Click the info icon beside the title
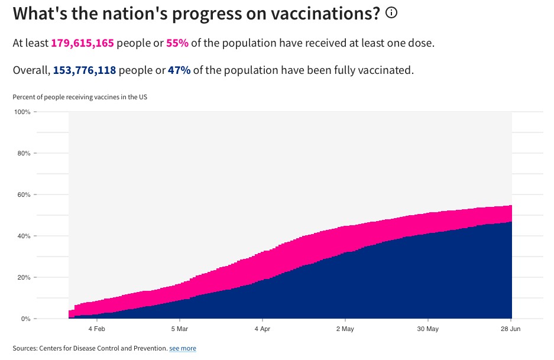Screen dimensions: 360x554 [x=391, y=12]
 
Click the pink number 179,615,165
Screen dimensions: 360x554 [x=82, y=43]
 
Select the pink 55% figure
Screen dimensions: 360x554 [x=178, y=43]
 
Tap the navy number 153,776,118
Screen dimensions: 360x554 [x=85, y=70]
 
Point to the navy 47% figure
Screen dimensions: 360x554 [x=179, y=70]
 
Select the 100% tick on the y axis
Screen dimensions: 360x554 [x=22, y=112]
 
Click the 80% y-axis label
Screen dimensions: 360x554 [x=24, y=153]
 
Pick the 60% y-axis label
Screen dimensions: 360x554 [x=24, y=194]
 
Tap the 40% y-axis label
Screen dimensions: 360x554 [x=24, y=236]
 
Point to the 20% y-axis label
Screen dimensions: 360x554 [x=24, y=277]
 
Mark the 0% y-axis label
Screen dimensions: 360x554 [x=26, y=319]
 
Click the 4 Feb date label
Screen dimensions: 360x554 [x=97, y=329]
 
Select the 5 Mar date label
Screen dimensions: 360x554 [x=180, y=329]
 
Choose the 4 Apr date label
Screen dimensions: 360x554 [x=262, y=329]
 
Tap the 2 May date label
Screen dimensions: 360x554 [x=345, y=329]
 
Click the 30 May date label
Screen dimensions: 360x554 [x=427, y=329]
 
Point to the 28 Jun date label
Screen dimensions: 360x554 [x=511, y=329]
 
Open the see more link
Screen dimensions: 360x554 [x=183, y=349]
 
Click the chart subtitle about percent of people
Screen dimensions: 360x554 [x=80, y=97]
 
